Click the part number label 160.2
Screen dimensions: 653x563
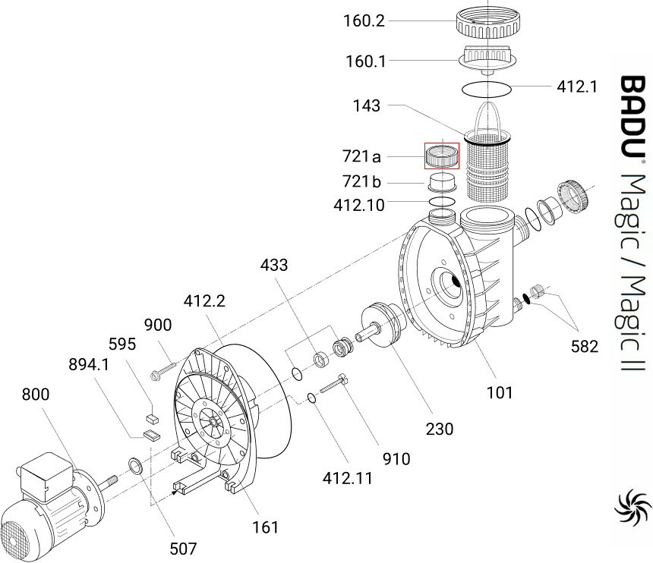point(364,20)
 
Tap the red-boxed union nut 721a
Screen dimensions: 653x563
point(442,156)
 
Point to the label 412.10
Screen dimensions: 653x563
point(359,205)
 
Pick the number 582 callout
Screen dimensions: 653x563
point(585,346)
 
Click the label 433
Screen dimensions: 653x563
point(273,265)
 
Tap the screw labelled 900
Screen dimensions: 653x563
point(162,371)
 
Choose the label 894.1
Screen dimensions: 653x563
point(89,364)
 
